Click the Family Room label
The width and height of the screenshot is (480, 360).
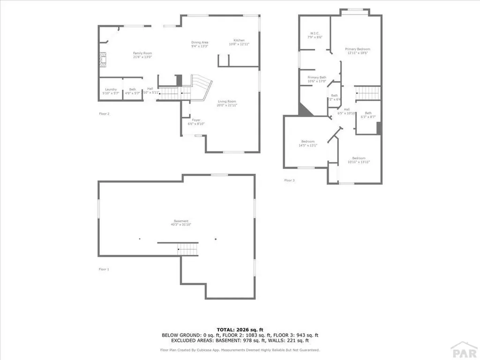pyautogui.click(x=142, y=55)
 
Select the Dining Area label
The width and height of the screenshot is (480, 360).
pyautogui.click(x=200, y=45)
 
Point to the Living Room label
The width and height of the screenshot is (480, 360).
pyautogui.click(x=227, y=103)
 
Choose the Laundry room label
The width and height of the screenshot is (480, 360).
pyautogui.click(x=111, y=91)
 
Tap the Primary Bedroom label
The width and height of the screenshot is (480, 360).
pyautogui.click(x=358, y=51)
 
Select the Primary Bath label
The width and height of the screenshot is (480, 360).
pyautogui.click(x=317, y=79)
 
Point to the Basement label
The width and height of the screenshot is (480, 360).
pyautogui.click(x=181, y=223)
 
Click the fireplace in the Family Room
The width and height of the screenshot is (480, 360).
pyautogui.click(x=103, y=59)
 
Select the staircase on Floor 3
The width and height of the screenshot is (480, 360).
pyautogui.click(x=367, y=93)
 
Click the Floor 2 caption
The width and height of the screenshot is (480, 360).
pyautogui.click(x=104, y=113)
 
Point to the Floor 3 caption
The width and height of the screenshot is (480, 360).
pyautogui.click(x=289, y=180)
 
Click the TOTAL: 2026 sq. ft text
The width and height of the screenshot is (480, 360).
pyautogui.click(x=240, y=330)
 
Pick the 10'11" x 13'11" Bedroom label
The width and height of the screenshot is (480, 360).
pyautogui.click(x=359, y=160)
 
